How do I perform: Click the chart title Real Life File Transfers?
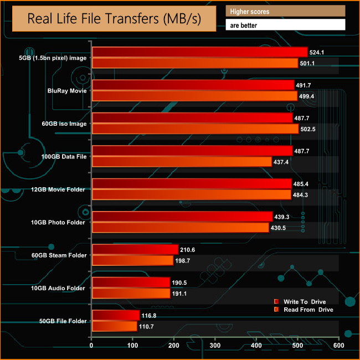114,19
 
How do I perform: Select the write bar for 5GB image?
199,52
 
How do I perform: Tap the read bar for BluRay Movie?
194,96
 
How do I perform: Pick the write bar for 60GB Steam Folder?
135,249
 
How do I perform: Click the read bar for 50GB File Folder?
114,327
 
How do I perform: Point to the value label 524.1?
318,52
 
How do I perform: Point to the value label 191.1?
180,294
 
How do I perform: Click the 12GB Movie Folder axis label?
63,189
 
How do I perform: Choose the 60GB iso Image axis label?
64,124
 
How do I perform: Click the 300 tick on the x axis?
215,346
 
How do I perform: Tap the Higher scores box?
285,11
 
